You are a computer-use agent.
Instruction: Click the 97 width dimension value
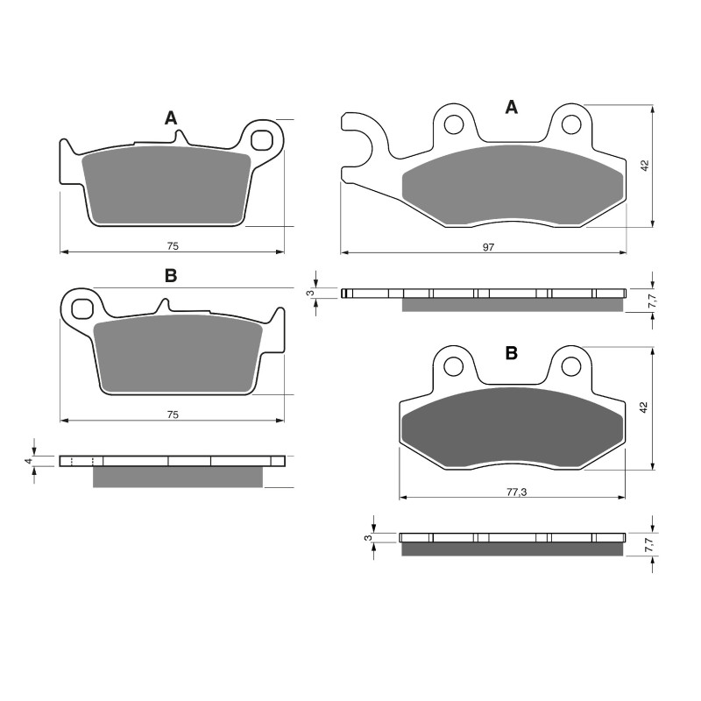point(488,247)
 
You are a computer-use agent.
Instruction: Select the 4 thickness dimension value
point(28,460)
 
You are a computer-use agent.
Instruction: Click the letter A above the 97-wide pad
point(512,108)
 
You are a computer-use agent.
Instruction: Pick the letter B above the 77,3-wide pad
point(512,353)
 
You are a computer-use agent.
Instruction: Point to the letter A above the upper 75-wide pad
point(171,118)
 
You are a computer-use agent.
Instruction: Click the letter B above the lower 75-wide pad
point(171,276)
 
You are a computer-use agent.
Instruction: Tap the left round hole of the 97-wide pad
point(453,125)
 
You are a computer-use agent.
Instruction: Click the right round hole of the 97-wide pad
point(570,125)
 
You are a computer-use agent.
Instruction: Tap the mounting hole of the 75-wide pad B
point(83,308)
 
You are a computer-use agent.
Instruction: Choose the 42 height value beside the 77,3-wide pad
point(645,407)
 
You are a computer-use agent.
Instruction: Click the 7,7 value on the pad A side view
point(651,301)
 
